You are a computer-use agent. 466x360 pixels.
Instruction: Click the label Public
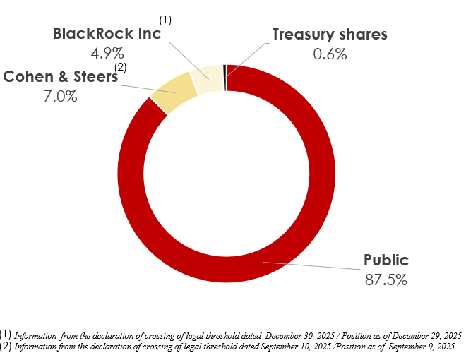[386, 260]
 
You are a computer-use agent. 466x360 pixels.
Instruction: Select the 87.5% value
[386, 280]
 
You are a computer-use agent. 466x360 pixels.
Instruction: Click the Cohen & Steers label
[61, 77]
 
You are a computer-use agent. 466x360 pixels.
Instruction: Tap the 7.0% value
[61, 96]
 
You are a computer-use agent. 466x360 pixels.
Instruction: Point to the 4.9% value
[107, 53]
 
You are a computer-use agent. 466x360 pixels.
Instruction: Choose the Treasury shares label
[330, 35]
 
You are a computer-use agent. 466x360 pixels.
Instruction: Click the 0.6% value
[330, 53]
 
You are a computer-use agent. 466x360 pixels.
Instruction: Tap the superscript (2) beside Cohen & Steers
[121, 67]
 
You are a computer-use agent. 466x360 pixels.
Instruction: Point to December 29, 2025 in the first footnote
[426, 335]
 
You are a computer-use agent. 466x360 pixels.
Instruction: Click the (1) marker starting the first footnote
[6, 334]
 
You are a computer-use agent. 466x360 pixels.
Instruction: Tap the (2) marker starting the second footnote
[6, 346]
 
